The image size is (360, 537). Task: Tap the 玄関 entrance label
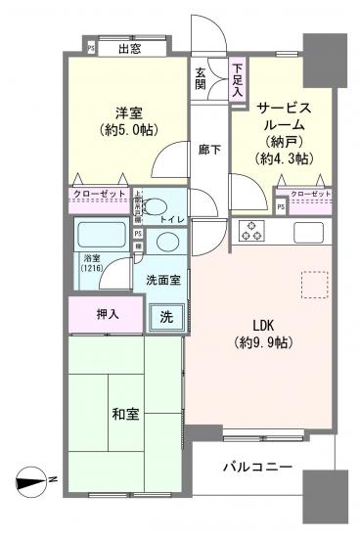click(x=201, y=79)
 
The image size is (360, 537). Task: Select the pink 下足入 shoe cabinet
click(x=238, y=79)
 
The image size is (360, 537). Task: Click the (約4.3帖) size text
click(x=283, y=157)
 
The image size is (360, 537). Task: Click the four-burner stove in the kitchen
click(x=251, y=231)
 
